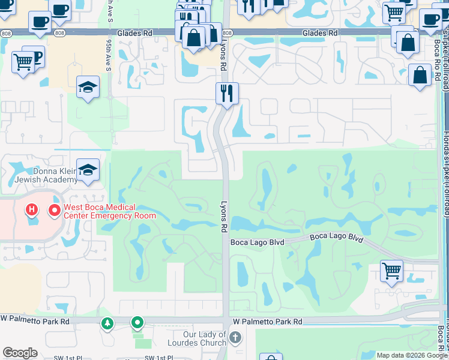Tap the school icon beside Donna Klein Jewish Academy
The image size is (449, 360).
(x=88, y=170)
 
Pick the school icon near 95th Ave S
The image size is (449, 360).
(x=88, y=87)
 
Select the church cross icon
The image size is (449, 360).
(x=235, y=338)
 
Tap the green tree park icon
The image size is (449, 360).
(x=107, y=324)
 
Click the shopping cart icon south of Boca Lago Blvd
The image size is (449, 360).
(x=391, y=271)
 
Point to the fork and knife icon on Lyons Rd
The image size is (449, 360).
(x=227, y=93)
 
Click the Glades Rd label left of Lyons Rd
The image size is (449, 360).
(x=135, y=33)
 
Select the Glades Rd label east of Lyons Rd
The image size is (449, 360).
(x=319, y=33)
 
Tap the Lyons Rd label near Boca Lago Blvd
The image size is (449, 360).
(x=224, y=216)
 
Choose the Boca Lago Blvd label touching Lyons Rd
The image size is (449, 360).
(x=257, y=242)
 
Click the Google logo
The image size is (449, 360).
(x=20, y=353)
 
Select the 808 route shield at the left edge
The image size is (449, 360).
(x=5, y=33)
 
